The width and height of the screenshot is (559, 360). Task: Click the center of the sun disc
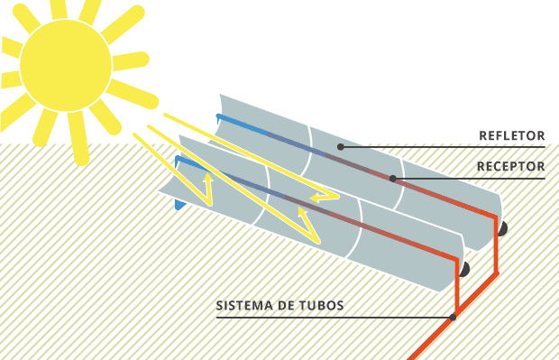coord(66,65)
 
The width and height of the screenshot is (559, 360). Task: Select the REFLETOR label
coord(511,136)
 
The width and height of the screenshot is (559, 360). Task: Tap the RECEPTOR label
coord(510,167)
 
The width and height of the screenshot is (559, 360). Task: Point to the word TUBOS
coord(324,306)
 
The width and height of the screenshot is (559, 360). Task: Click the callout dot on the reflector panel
coord(341,146)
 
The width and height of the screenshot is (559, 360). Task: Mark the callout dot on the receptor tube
coord(392,178)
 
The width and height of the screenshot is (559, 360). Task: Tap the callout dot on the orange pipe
coord(453,317)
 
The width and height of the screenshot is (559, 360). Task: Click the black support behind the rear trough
coord(501,229)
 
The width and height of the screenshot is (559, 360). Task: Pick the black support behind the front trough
coord(464,269)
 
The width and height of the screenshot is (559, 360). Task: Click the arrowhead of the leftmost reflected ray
coord(207,179)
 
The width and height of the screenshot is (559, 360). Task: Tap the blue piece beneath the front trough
coord(179,205)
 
